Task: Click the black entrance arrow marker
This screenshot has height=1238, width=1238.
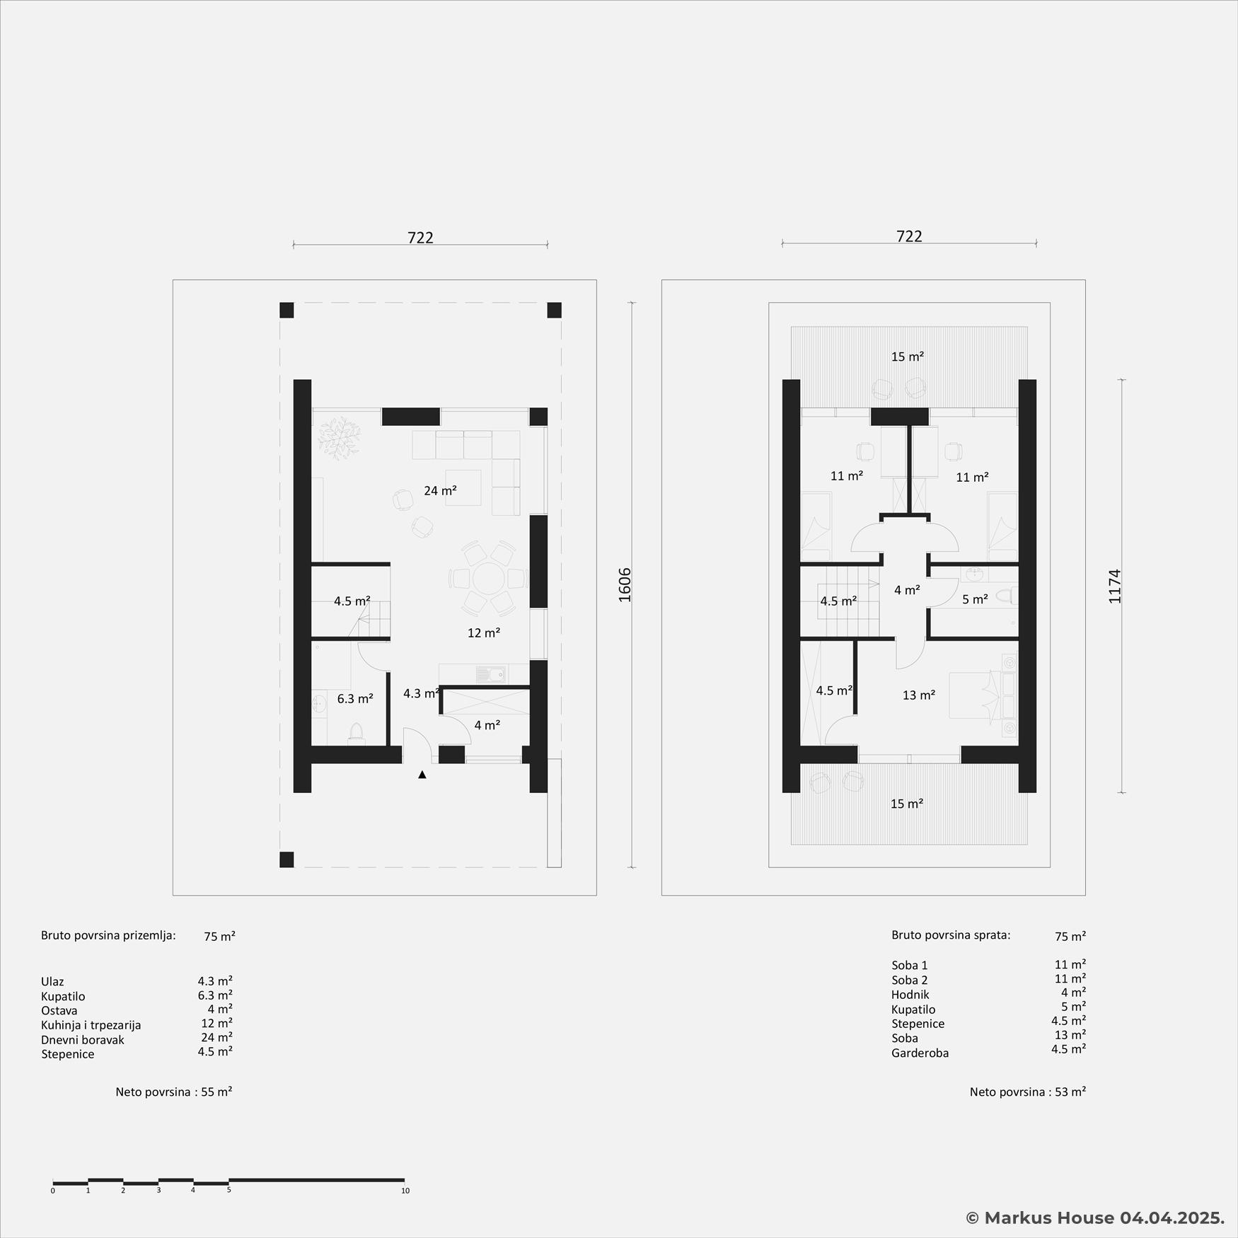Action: pyautogui.click(x=422, y=775)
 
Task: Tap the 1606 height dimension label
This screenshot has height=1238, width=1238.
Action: pyautogui.click(x=625, y=585)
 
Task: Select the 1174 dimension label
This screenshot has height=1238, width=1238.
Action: pyautogui.click(x=1115, y=586)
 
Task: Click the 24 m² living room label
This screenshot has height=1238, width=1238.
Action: pyautogui.click(x=440, y=490)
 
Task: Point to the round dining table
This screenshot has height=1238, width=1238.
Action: pyautogui.click(x=488, y=579)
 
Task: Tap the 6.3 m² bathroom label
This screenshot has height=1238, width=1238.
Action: pyautogui.click(x=355, y=699)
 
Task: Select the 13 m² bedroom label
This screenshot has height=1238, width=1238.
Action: pyautogui.click(x=919, y=695)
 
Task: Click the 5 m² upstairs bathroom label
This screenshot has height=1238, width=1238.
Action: pyautogui.click(x=975, y=600)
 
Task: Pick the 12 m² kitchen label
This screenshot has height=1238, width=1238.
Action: pyautogui.click(x=484, y=633)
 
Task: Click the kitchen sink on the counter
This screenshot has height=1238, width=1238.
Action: pyautogui.click(x=492, y=674)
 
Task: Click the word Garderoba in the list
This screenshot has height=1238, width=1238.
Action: pyautogui.click(x=920, y=1053)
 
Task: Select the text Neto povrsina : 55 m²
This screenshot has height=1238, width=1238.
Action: pyautogui.click(x=174, y=1092)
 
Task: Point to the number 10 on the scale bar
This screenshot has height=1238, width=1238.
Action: pyautogui.click(x=405, y=1191)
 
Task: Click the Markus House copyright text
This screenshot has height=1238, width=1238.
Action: pyautogui.click(x=1095, y=1217)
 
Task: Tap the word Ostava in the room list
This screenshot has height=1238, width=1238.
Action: pyautogui.click(x=59, y=1011)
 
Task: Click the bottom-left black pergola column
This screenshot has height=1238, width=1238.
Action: pyautogui.click(x=287, y=860)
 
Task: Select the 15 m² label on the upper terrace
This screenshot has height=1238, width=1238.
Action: pyautogui.click(x=908, y=357)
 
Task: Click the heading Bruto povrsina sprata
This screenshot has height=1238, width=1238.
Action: pyautogui.click(x=951, y=935)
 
